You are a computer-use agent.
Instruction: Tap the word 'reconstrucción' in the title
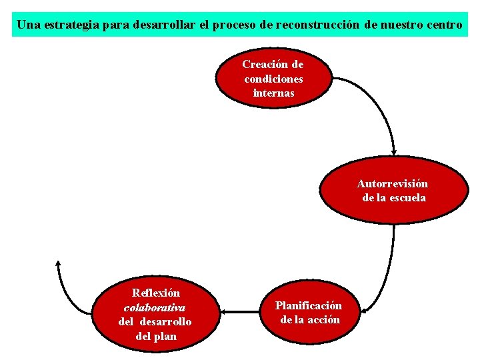click(x=317, y=25)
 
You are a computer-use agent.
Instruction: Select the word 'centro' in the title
click(x=439, y=25)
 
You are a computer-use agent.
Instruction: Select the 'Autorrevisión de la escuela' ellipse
click(x=392, y=191)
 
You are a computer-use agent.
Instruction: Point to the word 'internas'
click(x=273, y=93)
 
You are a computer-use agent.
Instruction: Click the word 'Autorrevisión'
click(x=393, y=183)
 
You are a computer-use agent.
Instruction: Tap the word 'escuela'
click(x=408, y=198)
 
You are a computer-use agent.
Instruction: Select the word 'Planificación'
click(x=309, y=305)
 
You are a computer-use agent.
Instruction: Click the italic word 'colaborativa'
click(x=155, y=307)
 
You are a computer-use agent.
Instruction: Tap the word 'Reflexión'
click(x=156, y=293)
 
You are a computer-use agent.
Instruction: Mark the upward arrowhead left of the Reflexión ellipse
click(x=59, y=264)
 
